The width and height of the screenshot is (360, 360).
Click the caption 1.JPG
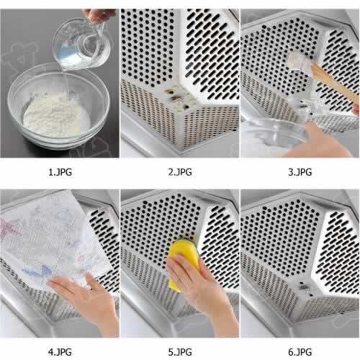coord(60,172)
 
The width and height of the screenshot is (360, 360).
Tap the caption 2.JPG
coord(180,172)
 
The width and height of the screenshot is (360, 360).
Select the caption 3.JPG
coord(300,172)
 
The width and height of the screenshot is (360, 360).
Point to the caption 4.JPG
coord(60,352)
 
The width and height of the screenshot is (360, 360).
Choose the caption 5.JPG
coord(180,352)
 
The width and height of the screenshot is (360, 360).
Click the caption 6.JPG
coord(300,352)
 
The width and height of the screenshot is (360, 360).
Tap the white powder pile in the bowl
coord(56,115)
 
